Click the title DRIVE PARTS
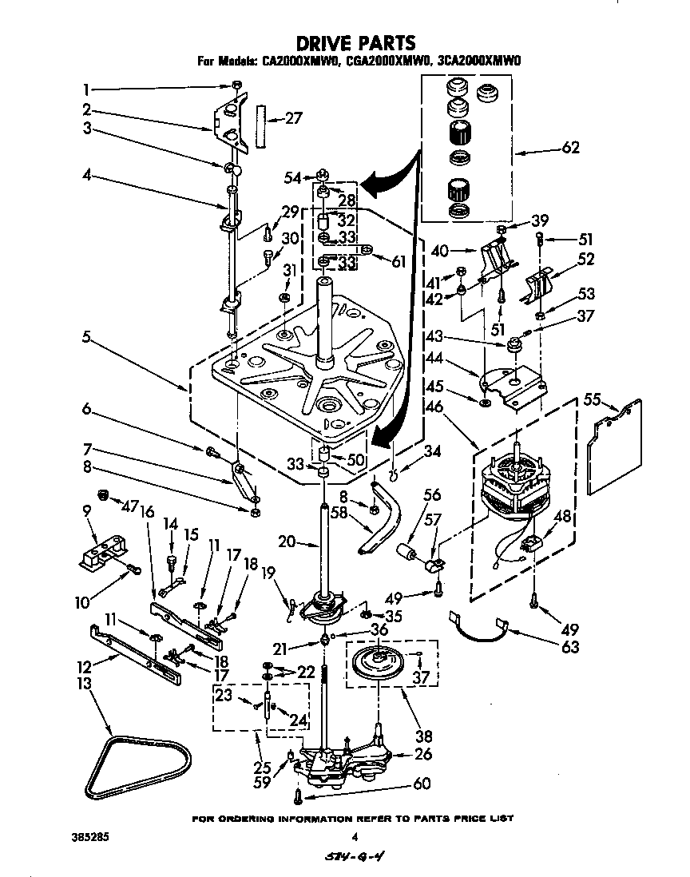(x=355, y=42)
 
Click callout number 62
(x=569, y=147)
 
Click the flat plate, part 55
(x=614, y=444)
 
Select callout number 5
(x=86, y=336)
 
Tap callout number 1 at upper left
(x=86, y=89)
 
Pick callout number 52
(x=586, y=259)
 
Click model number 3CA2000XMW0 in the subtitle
(x=472, y=61)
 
